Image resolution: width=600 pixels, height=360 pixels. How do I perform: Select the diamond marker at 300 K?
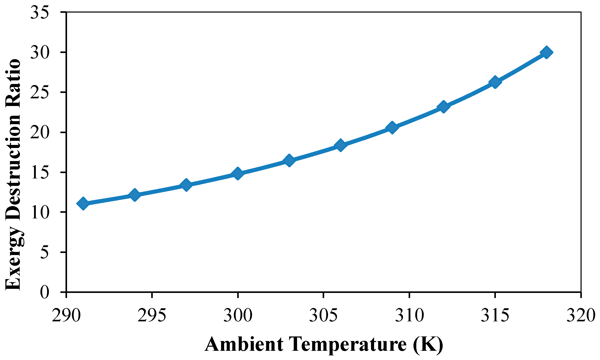(237, 174)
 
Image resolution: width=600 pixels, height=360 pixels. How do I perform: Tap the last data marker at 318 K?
(546, 52)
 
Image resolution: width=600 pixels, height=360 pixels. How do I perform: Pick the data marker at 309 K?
(392, 127)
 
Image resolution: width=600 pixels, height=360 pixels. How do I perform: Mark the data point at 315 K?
(495, 82)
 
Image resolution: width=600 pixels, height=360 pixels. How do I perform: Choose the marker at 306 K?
(340, 145)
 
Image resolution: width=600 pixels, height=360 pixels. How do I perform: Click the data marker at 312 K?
(443, 107)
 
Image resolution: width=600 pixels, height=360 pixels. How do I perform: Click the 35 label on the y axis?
(40, 12)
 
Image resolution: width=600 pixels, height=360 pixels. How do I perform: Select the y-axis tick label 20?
(40, 132)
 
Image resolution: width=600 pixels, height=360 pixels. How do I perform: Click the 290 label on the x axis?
(66, 315)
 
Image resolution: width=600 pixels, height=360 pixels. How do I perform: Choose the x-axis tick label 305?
(323, 315)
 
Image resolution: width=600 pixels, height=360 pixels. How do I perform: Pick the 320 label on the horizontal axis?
(581, 315)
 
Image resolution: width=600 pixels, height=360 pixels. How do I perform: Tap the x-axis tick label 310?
(409, 315)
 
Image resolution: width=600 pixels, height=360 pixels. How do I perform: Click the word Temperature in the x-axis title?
(348, 345)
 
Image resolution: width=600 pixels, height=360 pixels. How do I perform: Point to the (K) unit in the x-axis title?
(428, 345)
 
